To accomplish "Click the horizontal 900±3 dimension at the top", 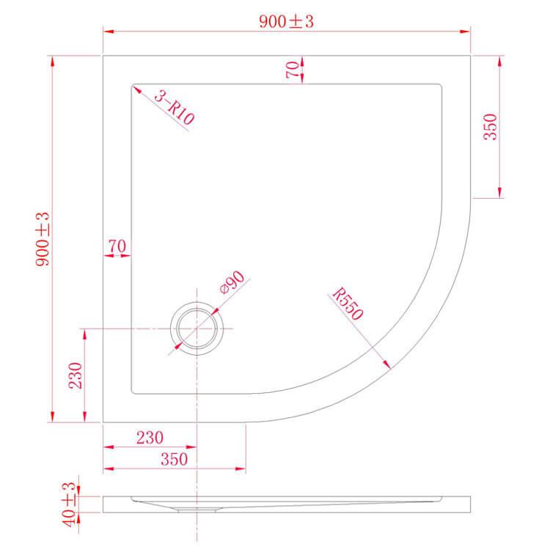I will (x=286, y=22).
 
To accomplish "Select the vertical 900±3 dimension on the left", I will (x=43, y=238).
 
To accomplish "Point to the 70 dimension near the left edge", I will (x=117, y=246).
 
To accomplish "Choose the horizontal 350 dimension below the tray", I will (x=173, y=459).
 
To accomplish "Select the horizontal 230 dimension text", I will (x=149, y=437).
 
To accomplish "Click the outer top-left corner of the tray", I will (x=103, y=54).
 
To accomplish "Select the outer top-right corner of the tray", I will (x=469, y=54).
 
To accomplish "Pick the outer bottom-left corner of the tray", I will (x=103, y=423).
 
